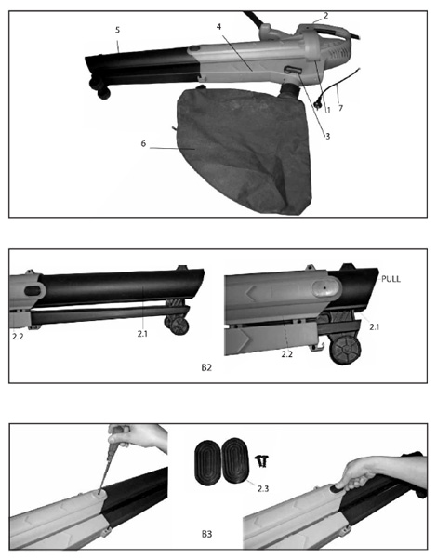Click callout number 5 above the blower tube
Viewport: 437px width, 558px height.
click(118, 30)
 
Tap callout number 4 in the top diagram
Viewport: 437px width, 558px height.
click(219, 27)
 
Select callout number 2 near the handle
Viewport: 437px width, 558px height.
click(325, 15)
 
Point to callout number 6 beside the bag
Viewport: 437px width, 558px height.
click(143, 143)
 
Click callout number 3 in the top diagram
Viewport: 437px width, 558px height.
click(327, 136)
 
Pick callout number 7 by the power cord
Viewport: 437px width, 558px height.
click(340, 108)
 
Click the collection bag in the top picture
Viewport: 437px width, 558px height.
click(245, 152)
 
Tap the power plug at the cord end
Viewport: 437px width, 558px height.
click(317, 104)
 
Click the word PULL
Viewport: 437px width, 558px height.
click(391, 279)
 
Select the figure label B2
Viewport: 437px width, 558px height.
click(206, 367)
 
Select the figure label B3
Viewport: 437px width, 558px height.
click(206, 534)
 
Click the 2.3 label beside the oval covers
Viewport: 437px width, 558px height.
click(263, 488)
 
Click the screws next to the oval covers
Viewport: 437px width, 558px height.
click(262, 461)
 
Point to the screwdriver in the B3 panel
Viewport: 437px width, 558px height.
click(110, 460)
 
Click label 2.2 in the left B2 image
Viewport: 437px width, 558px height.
click(18, 337)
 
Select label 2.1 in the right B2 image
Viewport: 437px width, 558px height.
click(375, 326)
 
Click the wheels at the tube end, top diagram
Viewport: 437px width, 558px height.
click(100, 89)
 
